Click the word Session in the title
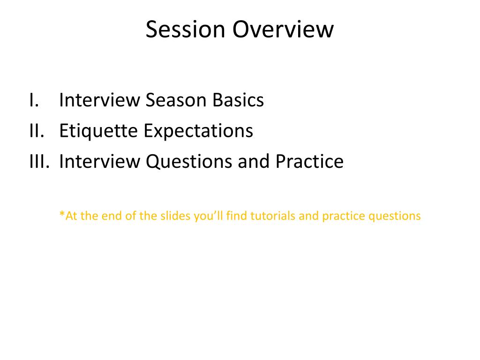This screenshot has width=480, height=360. (x=185, y=30)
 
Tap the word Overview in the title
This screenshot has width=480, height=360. (x=283, y=30)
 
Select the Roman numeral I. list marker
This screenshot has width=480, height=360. (x=34, y=100)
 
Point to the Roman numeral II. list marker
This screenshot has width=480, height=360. (x=37, y=131)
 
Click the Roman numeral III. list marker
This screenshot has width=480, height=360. (x=39, y=161)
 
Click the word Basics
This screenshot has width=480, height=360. (x=238, y=100)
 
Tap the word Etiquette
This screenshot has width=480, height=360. (x=98, y=131)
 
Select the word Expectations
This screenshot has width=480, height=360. (x=198, y=131)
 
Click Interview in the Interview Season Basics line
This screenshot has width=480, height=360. (x=99, y=100)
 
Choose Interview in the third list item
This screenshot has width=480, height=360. (x=99, y=161)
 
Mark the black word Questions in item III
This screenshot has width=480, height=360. (x=189, y=161)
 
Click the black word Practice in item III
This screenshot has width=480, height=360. (x=309, y=161)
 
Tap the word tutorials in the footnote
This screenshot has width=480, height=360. (x=273, y=216)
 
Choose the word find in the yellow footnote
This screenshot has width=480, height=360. (x=237, y=216)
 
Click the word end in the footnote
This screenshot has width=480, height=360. (x=112, y=216)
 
